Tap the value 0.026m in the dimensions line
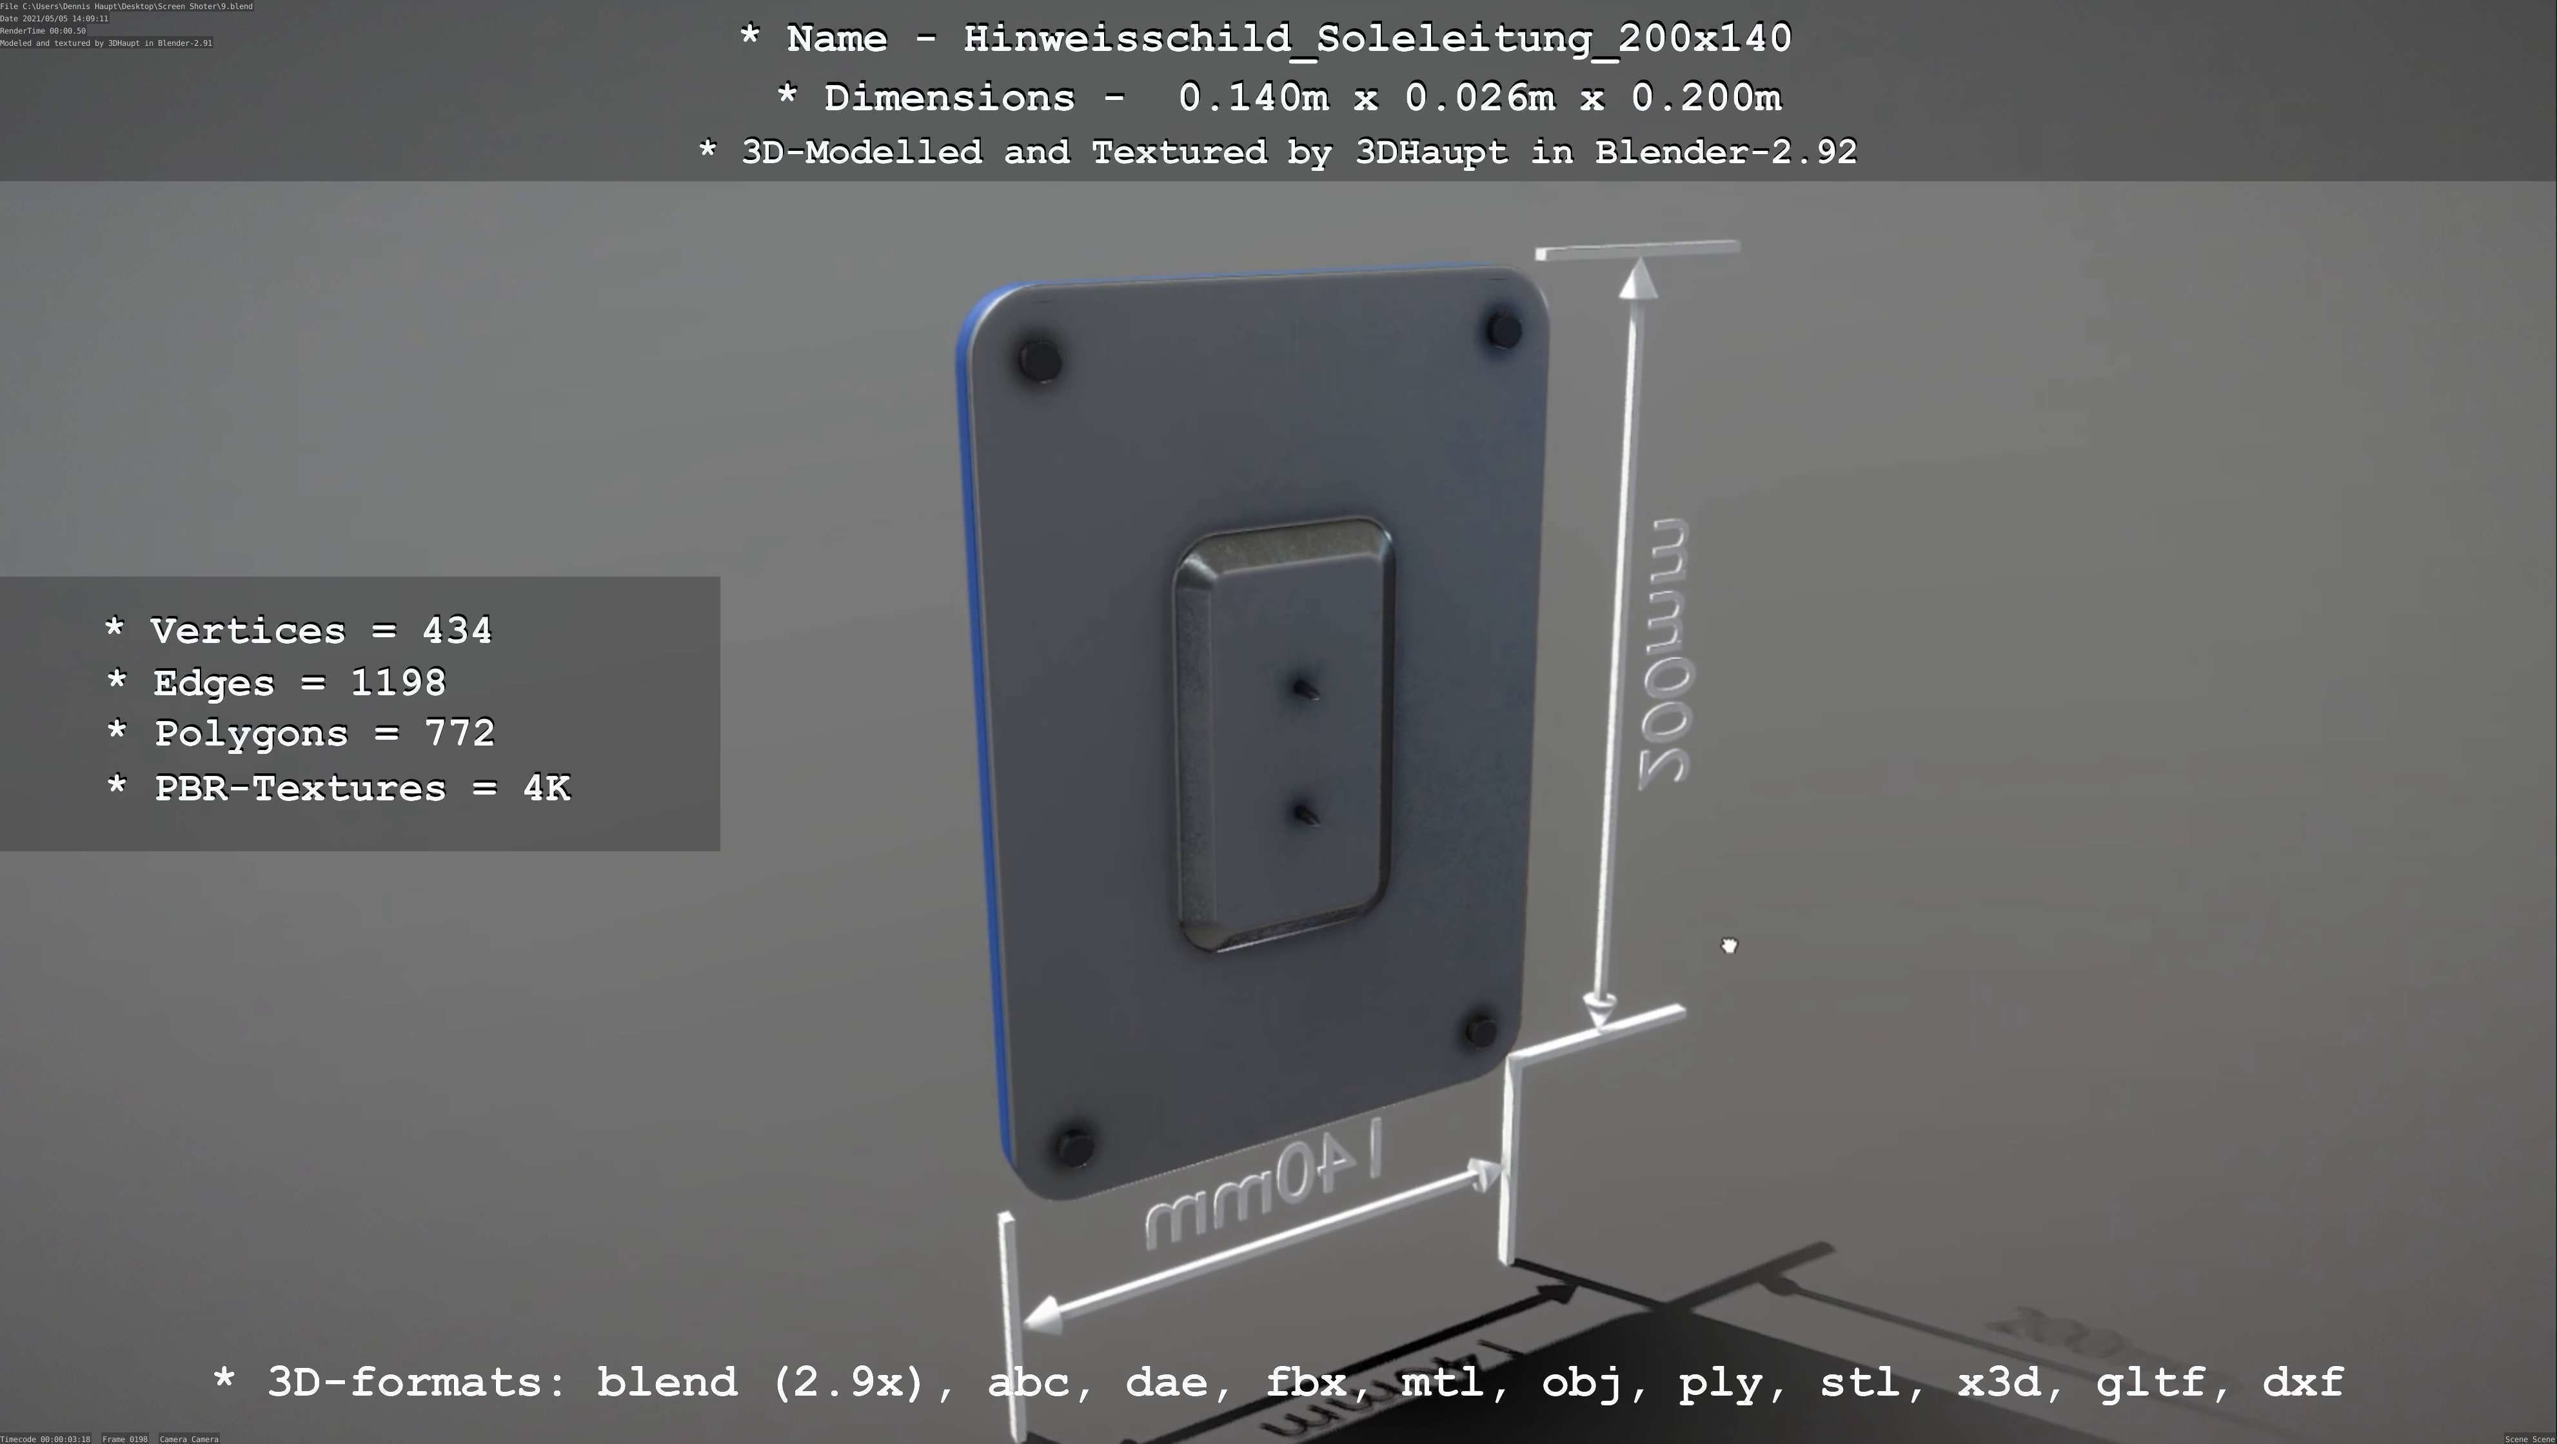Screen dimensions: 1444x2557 pyautogui.click(x=1479, y=97)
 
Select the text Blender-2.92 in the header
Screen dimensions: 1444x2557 pyautogui.click(x=1724, y=152)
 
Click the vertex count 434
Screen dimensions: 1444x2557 pyautogui.click(x=457, y=630)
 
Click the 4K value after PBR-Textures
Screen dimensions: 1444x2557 pyautogui.click(x=546, y=788)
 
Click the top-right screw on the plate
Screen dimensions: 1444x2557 pyautogui.click(x=1503, y=330)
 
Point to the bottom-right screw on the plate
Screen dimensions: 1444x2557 pyautogui.click(x=1480, y=1030)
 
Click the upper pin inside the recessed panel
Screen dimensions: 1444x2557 pyautogui.click(x=1305, y=687)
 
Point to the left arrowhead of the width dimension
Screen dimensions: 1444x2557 pyautogui.click(x=1040, y=1319)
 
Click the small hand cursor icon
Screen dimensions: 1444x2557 pyautogui.click(x=1729, y=946)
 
